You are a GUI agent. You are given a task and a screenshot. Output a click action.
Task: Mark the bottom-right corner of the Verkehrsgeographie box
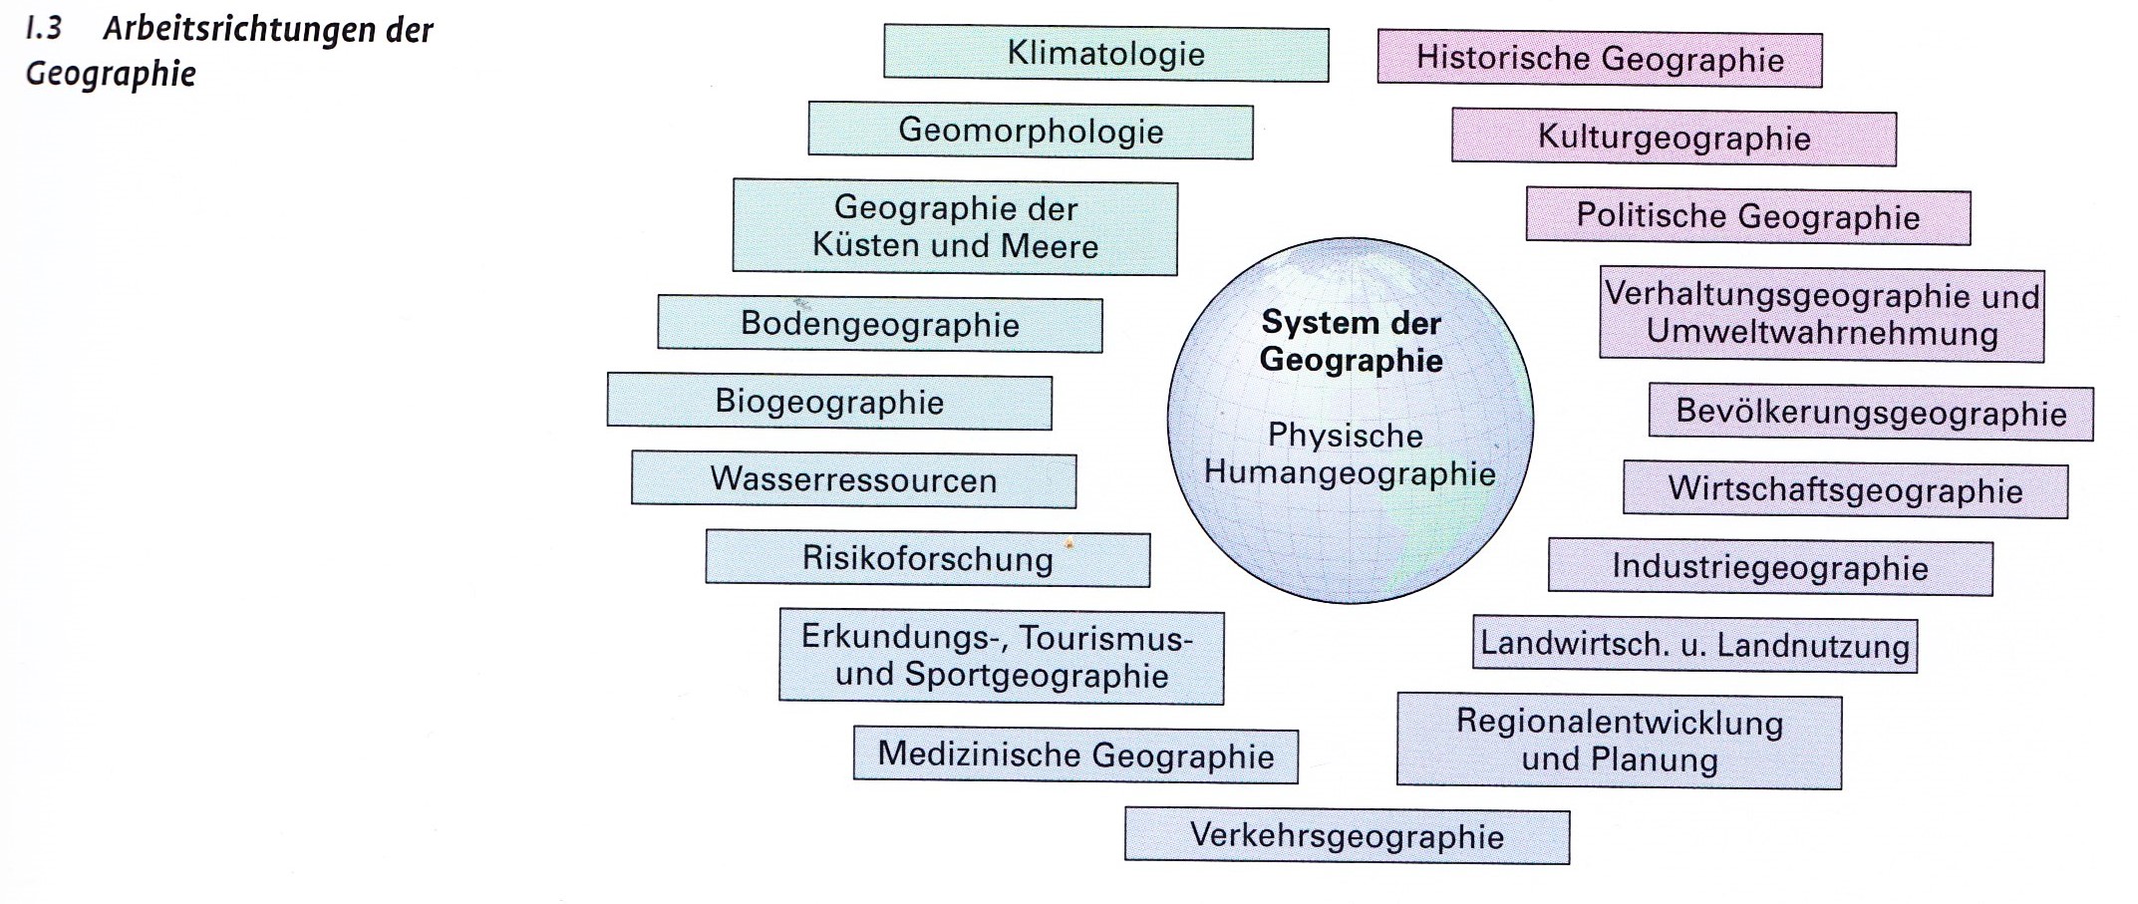1570,864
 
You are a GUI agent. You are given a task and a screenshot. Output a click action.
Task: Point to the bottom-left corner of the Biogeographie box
607,426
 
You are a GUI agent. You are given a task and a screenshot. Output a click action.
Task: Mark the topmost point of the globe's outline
1351,237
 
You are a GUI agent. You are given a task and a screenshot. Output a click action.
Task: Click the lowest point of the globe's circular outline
1351,604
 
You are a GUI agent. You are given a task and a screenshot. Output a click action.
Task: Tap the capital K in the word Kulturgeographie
1549,136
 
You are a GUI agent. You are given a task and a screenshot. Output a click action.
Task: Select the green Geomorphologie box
1031,131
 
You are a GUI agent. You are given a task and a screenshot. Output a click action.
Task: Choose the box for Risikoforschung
928,559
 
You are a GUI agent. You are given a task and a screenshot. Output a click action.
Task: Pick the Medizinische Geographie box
1075,755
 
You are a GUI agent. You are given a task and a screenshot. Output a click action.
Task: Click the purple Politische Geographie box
1748,216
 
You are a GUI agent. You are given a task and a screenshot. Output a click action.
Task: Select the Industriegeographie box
1770,568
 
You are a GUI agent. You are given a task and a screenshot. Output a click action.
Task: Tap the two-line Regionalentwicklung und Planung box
1620,742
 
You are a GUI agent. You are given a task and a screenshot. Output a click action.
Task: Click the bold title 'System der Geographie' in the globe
1351,341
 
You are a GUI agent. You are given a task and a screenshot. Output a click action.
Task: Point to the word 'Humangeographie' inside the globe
1350,473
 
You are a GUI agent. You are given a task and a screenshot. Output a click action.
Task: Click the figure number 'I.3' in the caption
44,28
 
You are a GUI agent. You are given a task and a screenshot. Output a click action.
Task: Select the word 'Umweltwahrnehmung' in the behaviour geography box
1822,333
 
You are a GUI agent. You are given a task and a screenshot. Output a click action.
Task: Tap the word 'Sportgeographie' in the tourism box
1037,676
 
